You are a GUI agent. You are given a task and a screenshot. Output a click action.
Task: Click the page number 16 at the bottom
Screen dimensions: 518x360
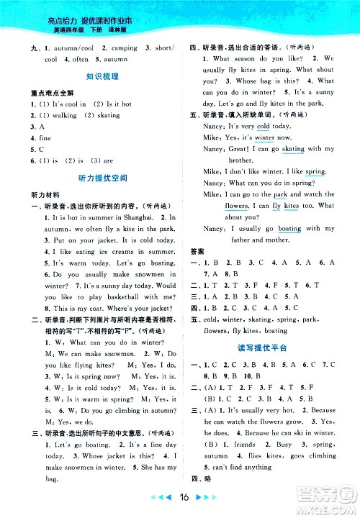(x=180, y=497)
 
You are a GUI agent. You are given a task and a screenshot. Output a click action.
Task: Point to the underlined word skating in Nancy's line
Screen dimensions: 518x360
(x=293, y=149)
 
